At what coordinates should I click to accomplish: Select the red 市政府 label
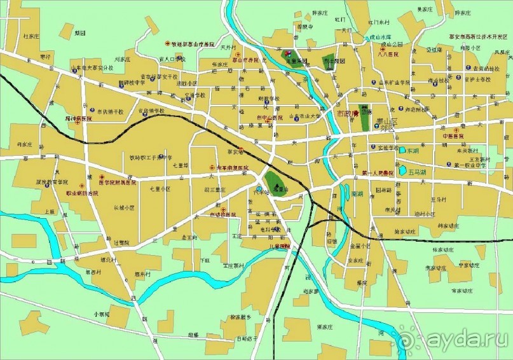click(347, 113)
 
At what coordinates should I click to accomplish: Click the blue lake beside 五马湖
click(402, 171)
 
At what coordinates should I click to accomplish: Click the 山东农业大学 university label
click(304, 116)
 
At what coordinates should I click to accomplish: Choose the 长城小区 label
click(124, 207)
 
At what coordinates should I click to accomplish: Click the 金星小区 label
click(359, 245)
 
